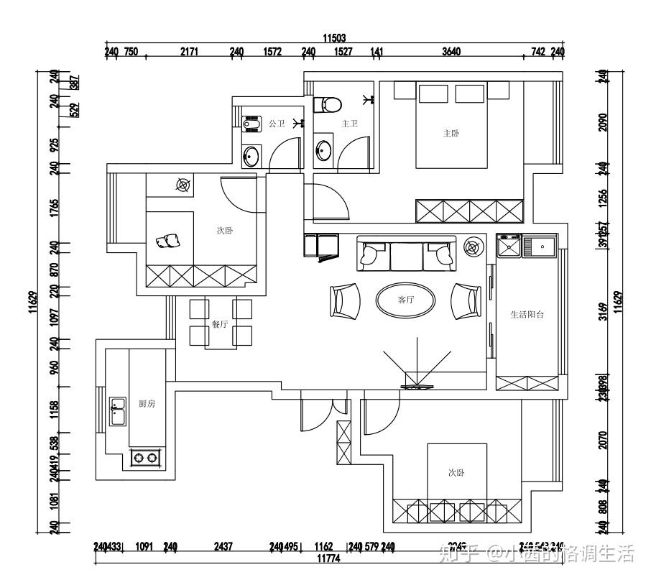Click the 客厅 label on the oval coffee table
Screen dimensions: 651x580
406,300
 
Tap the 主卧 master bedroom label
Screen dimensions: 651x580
451,133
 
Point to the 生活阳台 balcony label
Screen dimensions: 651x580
527,314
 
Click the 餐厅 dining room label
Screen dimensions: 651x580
219,324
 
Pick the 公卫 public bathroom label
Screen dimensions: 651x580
277,124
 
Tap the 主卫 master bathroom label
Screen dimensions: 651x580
349,124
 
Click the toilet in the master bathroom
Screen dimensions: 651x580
327,104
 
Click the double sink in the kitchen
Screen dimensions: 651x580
117,412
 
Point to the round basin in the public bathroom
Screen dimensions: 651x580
251,156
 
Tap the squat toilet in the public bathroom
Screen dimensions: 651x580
252,125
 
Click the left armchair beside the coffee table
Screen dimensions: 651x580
346,300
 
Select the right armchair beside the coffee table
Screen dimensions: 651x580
466,300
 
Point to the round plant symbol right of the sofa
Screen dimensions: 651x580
472,248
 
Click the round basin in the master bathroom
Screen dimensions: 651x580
324,151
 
